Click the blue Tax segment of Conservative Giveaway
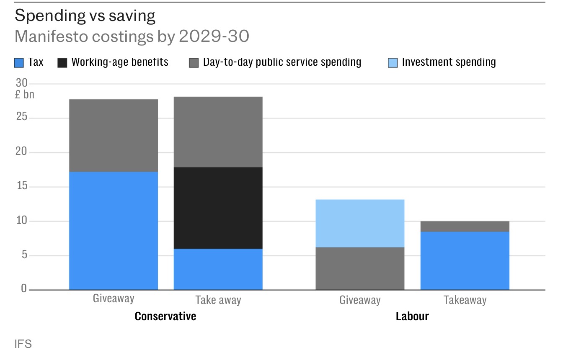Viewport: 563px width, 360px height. [114, 231]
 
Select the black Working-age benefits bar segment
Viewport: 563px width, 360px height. [218, 208]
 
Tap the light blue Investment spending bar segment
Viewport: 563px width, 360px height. [360, 223]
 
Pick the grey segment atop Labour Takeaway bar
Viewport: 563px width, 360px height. [465, 226]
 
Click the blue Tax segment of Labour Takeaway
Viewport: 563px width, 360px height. [465, 260]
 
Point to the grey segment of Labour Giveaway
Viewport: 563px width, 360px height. [360, 268]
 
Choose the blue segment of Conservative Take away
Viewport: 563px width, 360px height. [218, 269]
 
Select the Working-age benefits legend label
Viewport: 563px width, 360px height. [120, 62]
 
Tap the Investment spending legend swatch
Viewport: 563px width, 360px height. [393, 63]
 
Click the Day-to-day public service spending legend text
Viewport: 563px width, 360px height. [282, 62]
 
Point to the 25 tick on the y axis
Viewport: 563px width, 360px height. [21, 117]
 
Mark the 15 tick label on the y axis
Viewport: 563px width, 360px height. [21, 186]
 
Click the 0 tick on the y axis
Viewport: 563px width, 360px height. [24, 289]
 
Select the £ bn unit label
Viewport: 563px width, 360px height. [25, 95]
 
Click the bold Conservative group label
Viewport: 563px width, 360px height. [165, 316]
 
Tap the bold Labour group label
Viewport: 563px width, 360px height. [412, 316]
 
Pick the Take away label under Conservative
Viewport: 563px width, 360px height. [218, 300]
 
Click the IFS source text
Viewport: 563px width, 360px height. [23, 344]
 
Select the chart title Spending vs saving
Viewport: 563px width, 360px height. [85, 16]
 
